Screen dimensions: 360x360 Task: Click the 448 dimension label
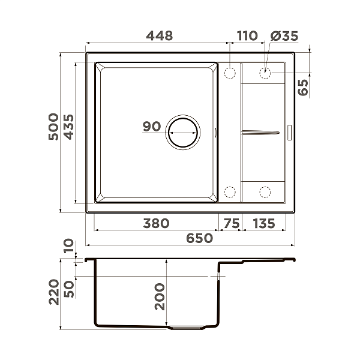click(x=160, y=36)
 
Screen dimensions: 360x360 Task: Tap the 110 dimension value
click(x=247, y=36)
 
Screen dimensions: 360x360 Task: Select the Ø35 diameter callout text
click(x=284, y=36)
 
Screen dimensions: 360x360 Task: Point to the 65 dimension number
click(x=303, y=87)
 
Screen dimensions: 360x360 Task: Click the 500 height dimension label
click(x=53, y=127)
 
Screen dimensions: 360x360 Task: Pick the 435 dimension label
click(x=68, y=127)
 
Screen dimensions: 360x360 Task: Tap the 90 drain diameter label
click(x=152, y=126)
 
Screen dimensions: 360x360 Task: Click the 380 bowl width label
click(x=156, y=223)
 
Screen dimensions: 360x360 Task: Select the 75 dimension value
click(x=232, y=223)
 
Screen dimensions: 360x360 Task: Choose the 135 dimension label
click(x=264, y=223)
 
